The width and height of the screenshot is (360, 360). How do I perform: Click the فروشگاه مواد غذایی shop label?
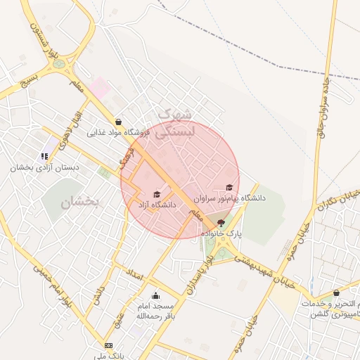[116, 132]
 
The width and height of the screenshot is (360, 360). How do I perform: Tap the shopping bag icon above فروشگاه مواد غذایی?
[117, 122]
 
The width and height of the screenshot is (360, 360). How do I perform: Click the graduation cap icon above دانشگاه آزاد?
[157, 195]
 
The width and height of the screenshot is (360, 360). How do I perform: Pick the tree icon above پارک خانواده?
[221, 222]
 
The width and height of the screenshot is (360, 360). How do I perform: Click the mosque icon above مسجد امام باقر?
[155, 295]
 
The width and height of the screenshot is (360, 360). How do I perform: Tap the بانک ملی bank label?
[108, 355]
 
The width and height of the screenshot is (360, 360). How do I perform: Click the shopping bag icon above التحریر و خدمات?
[337, 292]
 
